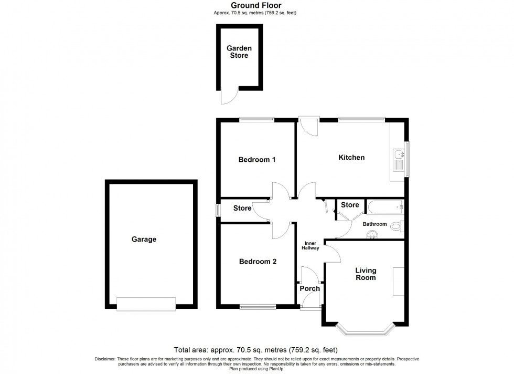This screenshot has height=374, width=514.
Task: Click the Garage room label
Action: pyautogui.click(x=144, y=240)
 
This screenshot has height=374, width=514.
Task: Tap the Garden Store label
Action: pyautogui.click(x=238, y=51)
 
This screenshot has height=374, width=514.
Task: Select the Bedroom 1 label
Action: pyautogui.click(x=257, y=160)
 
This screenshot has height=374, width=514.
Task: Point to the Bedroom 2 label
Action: pyautogui.click(x=258, y=262)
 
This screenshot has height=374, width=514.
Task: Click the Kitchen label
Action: pyautogui.click(x=351, y=158)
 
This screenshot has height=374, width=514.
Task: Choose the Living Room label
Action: pyautogui.click(x=366, y=274)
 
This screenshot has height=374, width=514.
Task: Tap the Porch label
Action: pyautogui.click(x=309, y=288)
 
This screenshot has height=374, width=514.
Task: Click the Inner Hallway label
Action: pyautogui.click(x=310, y=245)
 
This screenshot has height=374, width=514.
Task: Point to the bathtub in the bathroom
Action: pyautogui.click(x=385, y=207)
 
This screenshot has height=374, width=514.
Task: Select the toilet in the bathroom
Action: pyautogui.click(x=397, y=226)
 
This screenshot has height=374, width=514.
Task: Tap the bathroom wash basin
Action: pyautogui.click(x=373, y=234)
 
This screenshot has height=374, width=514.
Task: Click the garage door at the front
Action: pyautogui.click(x=146, y=304)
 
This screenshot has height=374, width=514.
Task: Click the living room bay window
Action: pyautogui.click(x=365, y=330)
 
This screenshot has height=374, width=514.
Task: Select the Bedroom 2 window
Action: pyautogui.click(x=258, y=307)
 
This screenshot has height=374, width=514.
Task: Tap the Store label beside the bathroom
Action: pyautogui.click(x=350, y=205)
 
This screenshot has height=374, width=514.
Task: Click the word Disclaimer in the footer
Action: pyautogui.click(x=104, y=359)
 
